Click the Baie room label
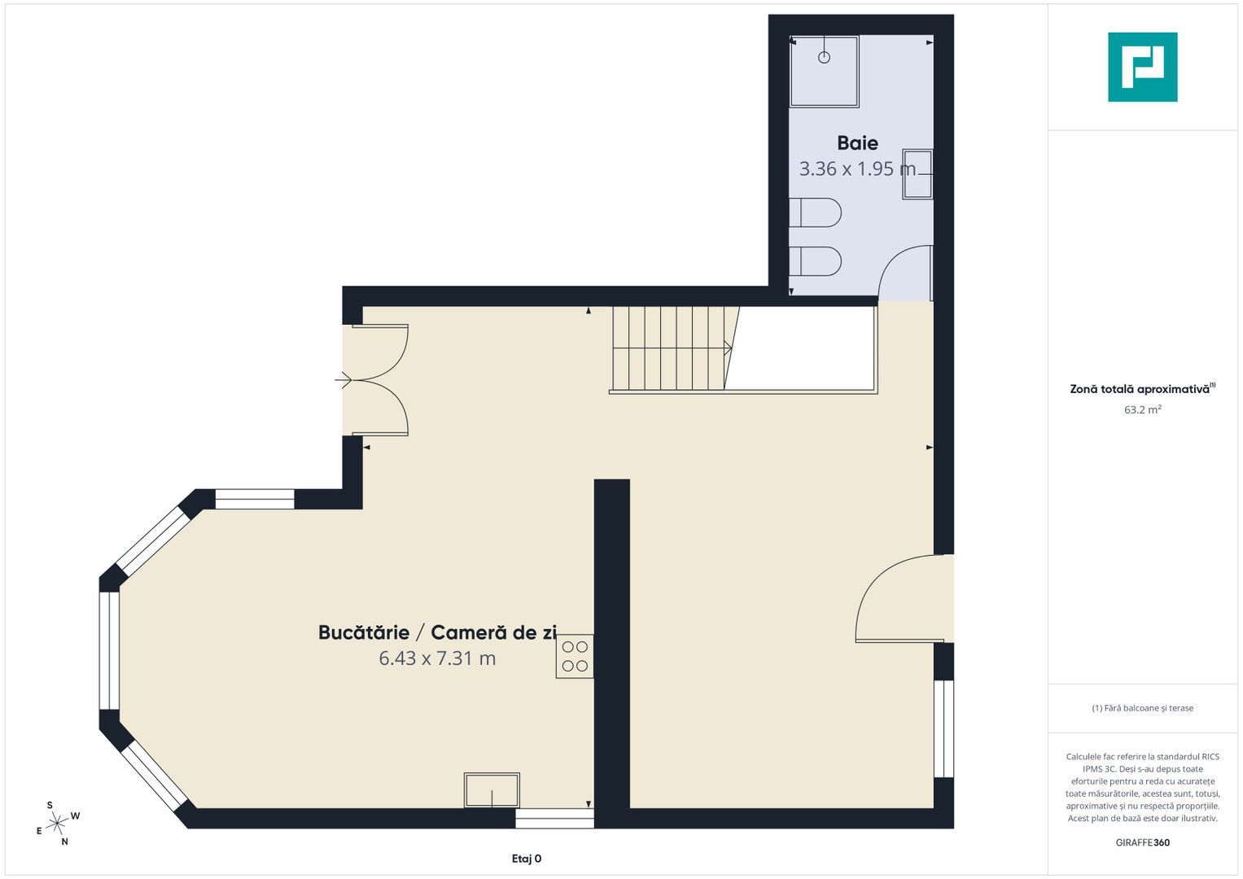coord(857,143)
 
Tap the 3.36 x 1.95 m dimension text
coord(857,168)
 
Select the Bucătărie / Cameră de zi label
coord(437,632)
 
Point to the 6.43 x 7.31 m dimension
coord(437,658)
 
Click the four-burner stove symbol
coord(575,656)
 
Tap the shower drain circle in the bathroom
coord(824,57)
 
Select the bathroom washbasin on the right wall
coord(917,173)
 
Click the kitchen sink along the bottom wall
coord(492,790)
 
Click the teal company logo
coord(1143,67)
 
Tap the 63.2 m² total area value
coord(1143,409)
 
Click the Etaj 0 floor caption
coord(527,859)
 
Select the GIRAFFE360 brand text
coord(1143,842)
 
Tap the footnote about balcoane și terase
coord(1143,707)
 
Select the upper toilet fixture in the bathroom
coord(815,212)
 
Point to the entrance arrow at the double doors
coord(344,380)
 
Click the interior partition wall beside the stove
coord(611,653)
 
